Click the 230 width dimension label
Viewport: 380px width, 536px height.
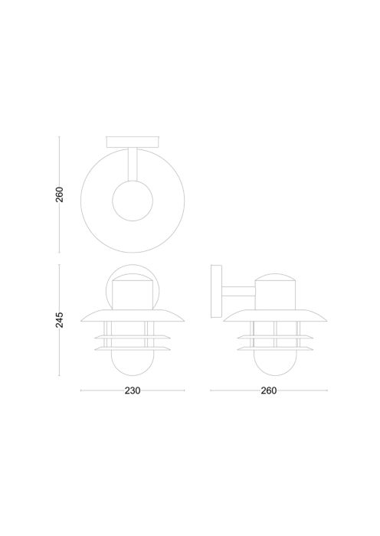133,391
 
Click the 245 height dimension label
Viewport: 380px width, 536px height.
60,319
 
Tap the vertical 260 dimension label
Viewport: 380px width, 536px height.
60,194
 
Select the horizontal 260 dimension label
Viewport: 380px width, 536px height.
268,391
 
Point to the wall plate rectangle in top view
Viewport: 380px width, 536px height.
133,142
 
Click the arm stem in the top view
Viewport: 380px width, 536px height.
133,164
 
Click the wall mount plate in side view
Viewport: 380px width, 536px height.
217,292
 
